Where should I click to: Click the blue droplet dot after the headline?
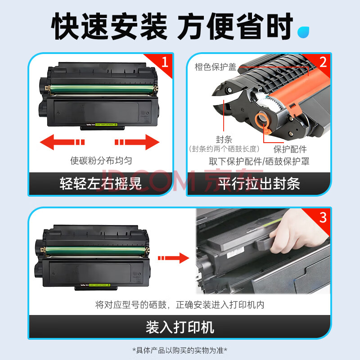coord(303,32)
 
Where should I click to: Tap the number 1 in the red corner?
coord(165,62)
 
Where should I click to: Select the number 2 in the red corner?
coord(323,62)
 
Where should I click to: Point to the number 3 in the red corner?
coord(323,217)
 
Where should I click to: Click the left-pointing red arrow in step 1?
coord(62,142)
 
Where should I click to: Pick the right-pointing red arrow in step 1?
coord(137,142)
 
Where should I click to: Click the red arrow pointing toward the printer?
coord(174,258)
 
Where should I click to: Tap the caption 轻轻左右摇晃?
coord(100,184)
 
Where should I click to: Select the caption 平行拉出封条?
coord(259,184)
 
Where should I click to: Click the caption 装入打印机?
coord(180,327)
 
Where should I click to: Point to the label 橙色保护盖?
coord(216,67)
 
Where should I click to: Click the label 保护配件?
coord(290,149)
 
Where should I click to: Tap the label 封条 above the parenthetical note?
coord(224,139)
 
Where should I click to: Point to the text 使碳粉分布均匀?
coord(101,161)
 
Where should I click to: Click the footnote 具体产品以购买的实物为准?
coord(180,351)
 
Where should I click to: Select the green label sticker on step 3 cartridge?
coord(99,285)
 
